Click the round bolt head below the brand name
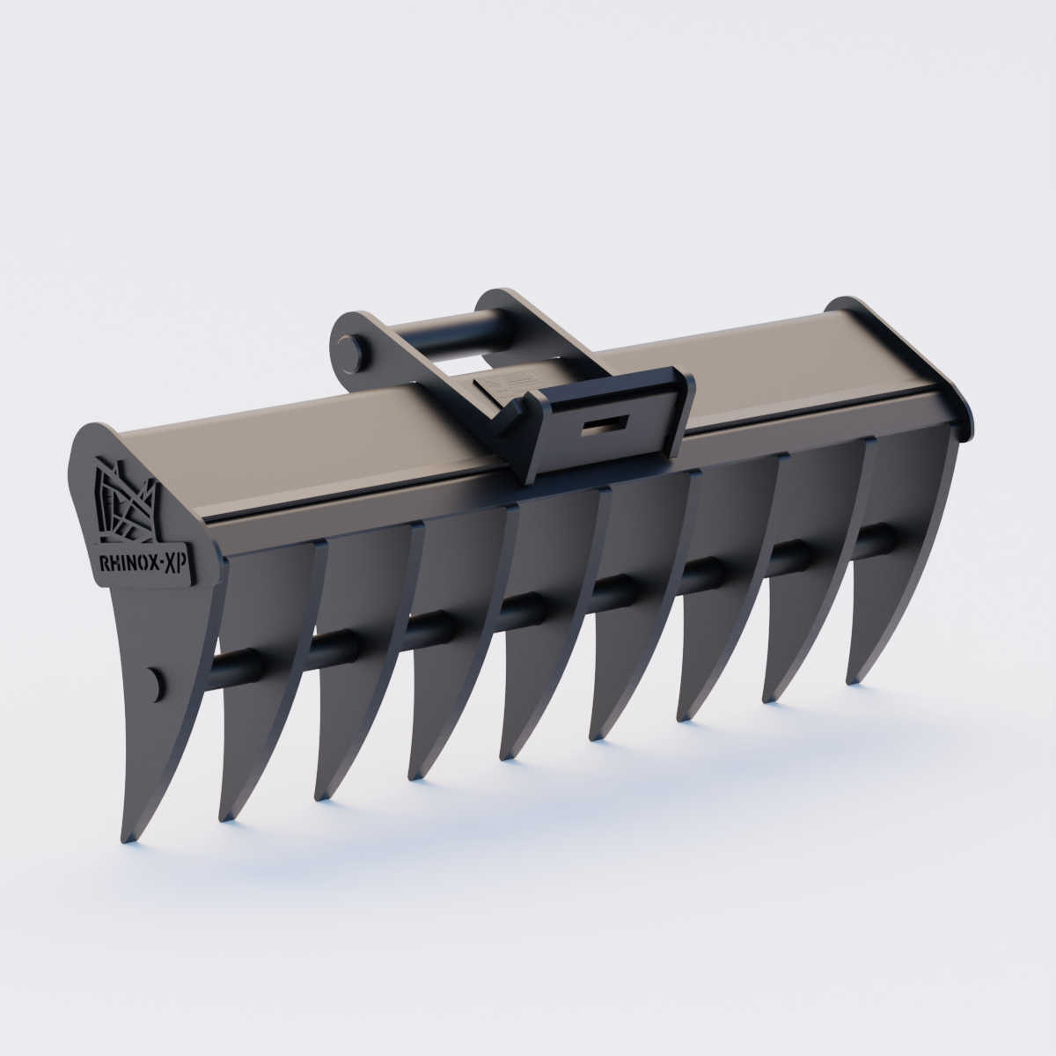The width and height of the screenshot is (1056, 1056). [155, 683]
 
